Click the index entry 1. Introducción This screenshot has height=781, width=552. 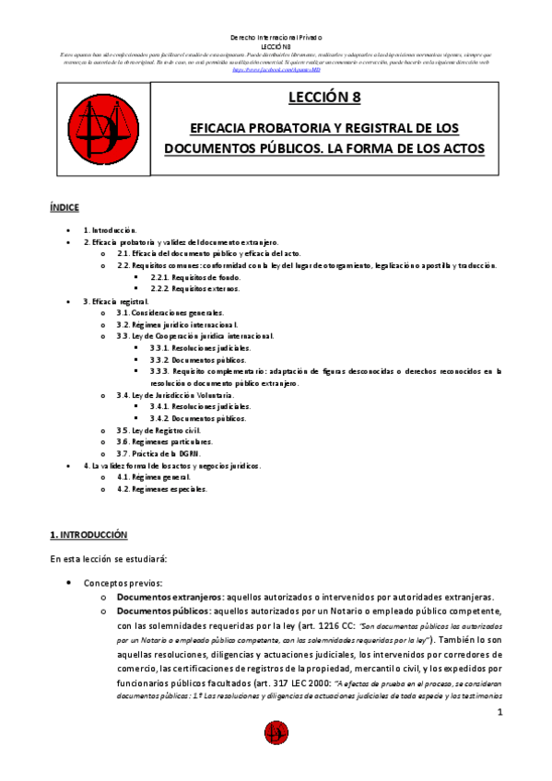(110, 229)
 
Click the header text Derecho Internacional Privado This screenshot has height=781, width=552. (276, 38)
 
